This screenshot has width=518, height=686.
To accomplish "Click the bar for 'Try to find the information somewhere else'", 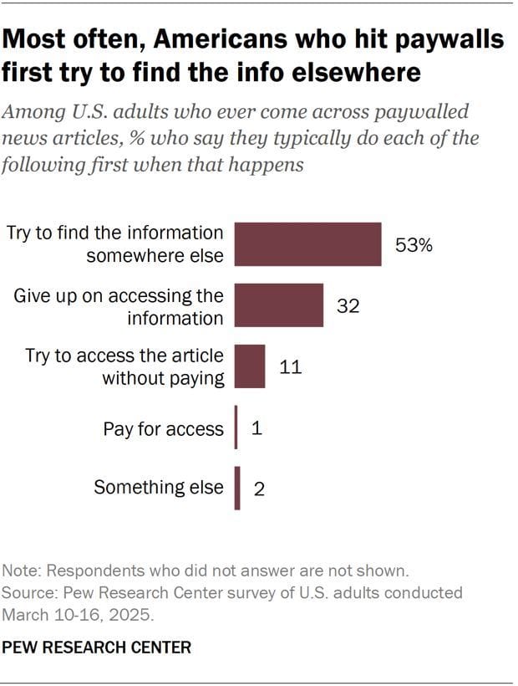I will (x=307, y=244).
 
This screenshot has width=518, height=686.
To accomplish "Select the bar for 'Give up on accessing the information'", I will (x=279, y=305).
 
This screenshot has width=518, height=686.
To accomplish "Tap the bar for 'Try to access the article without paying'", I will (x=250, y=366).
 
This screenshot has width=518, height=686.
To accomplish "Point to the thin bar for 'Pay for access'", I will (x=236, y=427).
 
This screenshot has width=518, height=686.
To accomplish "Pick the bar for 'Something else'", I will (x=237, y=488).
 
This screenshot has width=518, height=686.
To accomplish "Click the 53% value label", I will (x=414, y=246).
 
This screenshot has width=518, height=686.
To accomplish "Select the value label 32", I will (x=348, y=306).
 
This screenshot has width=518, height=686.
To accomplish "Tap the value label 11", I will (x=291, y=367).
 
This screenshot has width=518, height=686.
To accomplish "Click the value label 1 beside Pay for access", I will (x=256, y=428).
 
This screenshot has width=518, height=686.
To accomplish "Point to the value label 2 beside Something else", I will (x=259, y=489).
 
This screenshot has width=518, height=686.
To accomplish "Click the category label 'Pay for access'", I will (x=164, y=429).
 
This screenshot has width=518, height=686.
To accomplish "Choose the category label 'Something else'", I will (x=159, y=488).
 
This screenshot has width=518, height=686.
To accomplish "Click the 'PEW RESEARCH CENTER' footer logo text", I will (x=96, y=648).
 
